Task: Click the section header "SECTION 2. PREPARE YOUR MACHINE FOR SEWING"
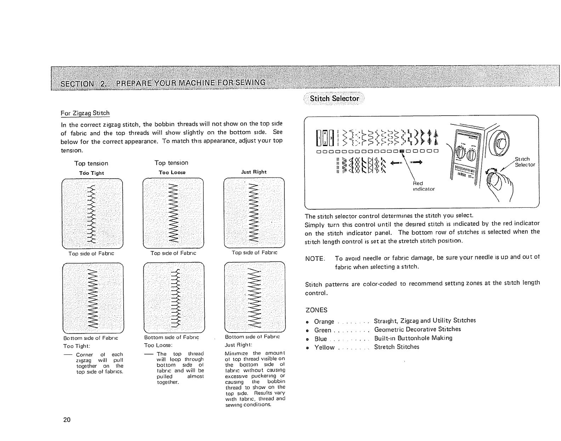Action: (x=163, y=83)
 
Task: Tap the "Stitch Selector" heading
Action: (x=334, y=99)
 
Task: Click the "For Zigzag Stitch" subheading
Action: (x=85, y=113)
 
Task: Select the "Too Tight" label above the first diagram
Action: (x=92, y=173)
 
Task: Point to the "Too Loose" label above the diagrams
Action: (x=172, y=172)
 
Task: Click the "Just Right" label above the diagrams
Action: (x=254, y=172)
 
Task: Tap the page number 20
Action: (x=67, y=420)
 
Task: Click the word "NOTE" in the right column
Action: (x=315, y=258)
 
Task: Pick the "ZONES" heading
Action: (x=316, y=310)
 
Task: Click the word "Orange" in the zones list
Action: (x=324, y=322)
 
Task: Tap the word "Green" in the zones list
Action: (x=323, y=330)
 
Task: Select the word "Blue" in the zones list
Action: (x=321, y=339)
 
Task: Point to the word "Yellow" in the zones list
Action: (x=324, y=347)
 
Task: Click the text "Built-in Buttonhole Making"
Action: (x=413, y=338)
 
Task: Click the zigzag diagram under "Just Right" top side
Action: (x=255, y=213)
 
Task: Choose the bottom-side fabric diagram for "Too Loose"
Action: (x=174, y=297)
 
